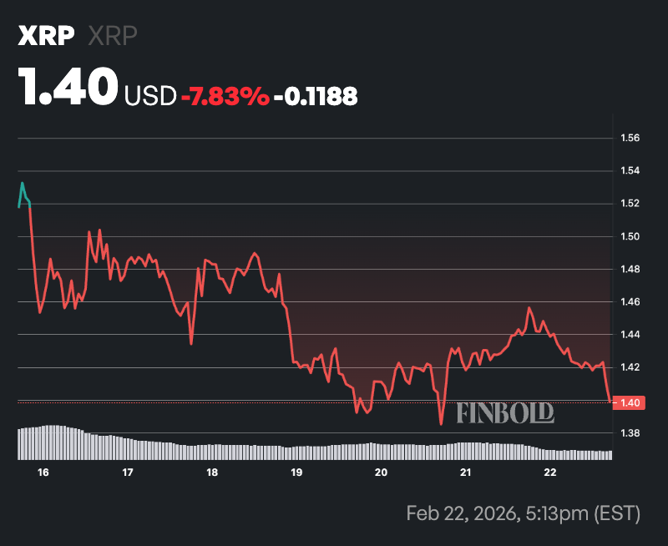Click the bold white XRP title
[x=47, y=37]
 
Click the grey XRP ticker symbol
[x=113, y=37]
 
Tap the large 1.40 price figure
[x=68, y=88]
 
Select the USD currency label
[x=149, y=97]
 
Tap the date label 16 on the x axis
[x=43, y=473]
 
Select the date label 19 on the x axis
[x=296, y=473]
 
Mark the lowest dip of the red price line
[x=441, y=424]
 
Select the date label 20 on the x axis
[x=381, y=473]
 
